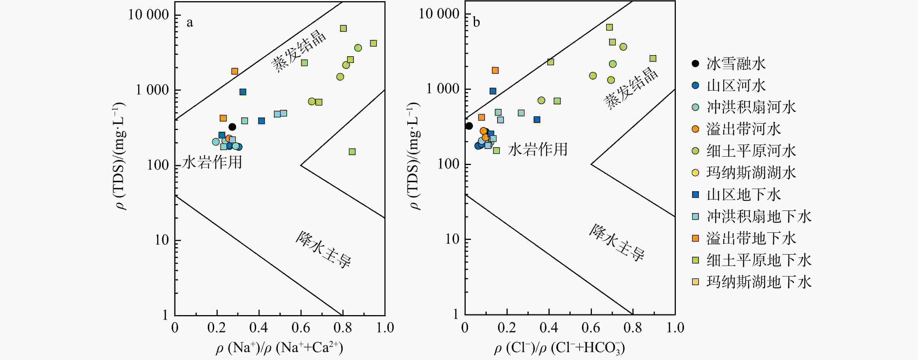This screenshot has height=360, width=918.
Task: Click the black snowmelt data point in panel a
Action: coord(232,127)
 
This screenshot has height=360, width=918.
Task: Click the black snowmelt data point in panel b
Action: coord(469,126)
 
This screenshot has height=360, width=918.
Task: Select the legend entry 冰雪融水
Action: coord(736,64)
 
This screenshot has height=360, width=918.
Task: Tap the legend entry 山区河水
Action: coord(736,85)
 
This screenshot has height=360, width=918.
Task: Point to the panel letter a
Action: coord(190,23)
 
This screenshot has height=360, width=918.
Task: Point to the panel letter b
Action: coord(476,22)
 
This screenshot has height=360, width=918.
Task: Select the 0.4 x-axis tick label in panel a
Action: coord(259,327)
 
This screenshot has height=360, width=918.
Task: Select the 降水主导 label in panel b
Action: coord(616,242)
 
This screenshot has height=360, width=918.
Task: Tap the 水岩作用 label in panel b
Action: coord(537,149)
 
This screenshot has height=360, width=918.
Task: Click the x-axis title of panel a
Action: coord(279,348)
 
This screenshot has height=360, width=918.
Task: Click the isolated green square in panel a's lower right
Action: coord(352,152)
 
